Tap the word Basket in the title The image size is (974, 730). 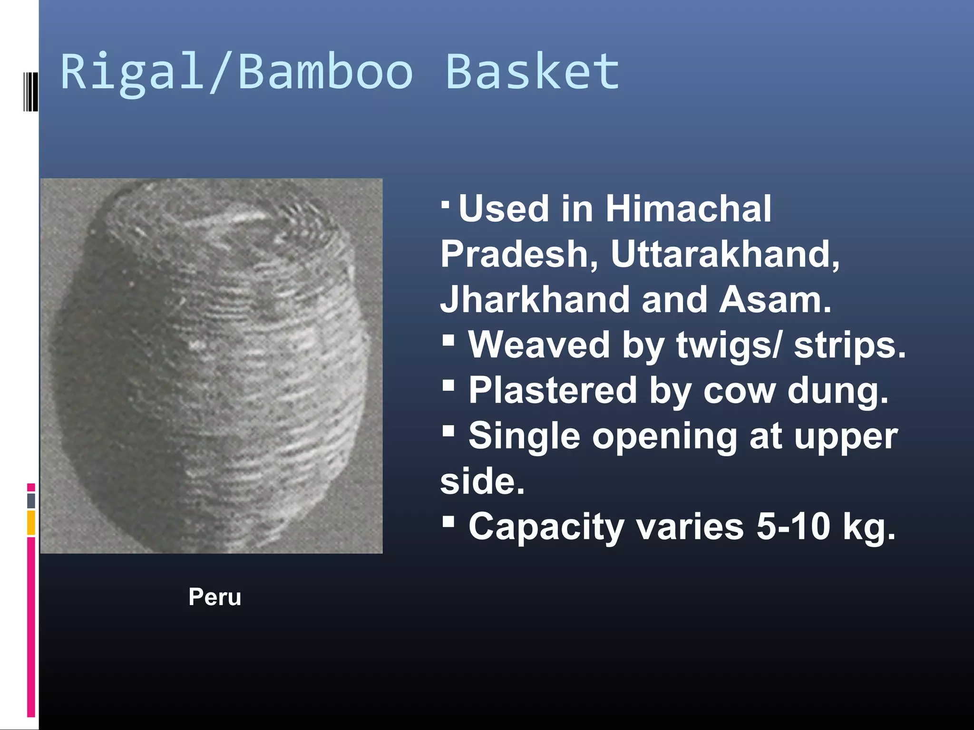(x=533, y=71)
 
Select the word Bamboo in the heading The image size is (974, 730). (x=325, y=71)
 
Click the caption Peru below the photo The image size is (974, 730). (x=214, y=597)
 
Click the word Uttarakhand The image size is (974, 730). (x=725, y=254)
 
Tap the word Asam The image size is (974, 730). (x=775, y=299)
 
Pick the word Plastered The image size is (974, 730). (x=552, y=390)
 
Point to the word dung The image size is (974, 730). (x=838, y=390)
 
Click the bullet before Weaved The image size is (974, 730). (x=448, y=339)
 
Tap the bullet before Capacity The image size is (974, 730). (x=448, y=521)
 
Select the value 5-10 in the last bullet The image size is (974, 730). (x=793, y=527)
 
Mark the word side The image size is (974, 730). (x=482, y=481)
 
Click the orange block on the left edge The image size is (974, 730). (x=31, y=522)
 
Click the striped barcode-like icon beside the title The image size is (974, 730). (x=30, y=91)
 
